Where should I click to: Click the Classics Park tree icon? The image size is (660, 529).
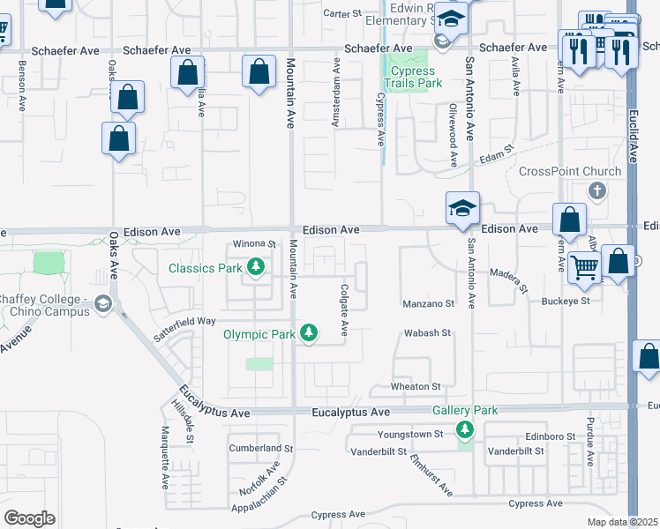256,267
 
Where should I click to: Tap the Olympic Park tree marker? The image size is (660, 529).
309,333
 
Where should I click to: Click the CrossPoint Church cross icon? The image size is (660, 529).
597,190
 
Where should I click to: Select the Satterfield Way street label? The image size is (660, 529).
184,322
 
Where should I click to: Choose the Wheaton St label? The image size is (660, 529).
416,387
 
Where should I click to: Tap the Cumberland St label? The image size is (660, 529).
254,448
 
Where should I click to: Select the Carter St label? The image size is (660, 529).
343,13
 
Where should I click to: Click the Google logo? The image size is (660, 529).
29,518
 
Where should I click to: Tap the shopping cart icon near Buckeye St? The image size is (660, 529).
583,265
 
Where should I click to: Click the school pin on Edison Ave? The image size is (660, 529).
462,209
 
